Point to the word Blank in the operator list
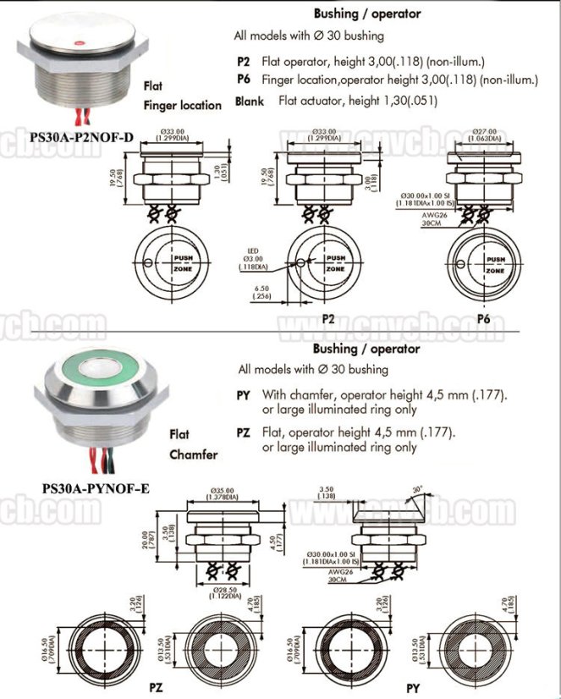[x=249, y=101]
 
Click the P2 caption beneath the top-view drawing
[x=328, y=319]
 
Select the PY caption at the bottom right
[x=412, y=686]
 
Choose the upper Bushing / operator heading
[x=366, y=14]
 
